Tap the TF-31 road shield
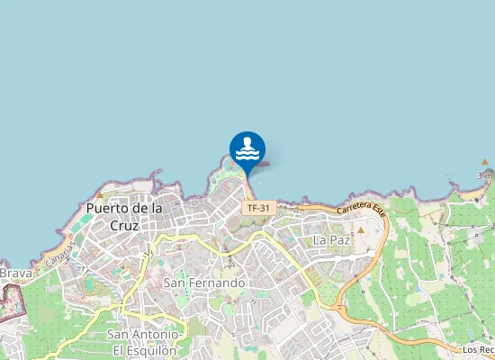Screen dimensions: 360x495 pyautogui.click(x=257, y=208)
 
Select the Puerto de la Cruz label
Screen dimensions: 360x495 pyautogui.click(x=125, y=216)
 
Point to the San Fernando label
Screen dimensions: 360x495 pyautogui.click(x=204, y=283)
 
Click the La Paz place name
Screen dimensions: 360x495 pyautogui.click(x=330, y=240)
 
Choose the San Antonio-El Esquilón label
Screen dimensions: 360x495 pyautogui.click(x=148, y=342)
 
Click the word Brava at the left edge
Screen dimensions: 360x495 pyautogui.click(x=16, y=273)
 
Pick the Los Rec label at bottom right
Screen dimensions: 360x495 pyautogui.click(x=478, y=349)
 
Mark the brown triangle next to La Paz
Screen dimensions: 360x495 pyautogui.click(x=361, y=230)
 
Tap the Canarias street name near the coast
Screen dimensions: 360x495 pyautogui.click(x=61, y=251)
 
